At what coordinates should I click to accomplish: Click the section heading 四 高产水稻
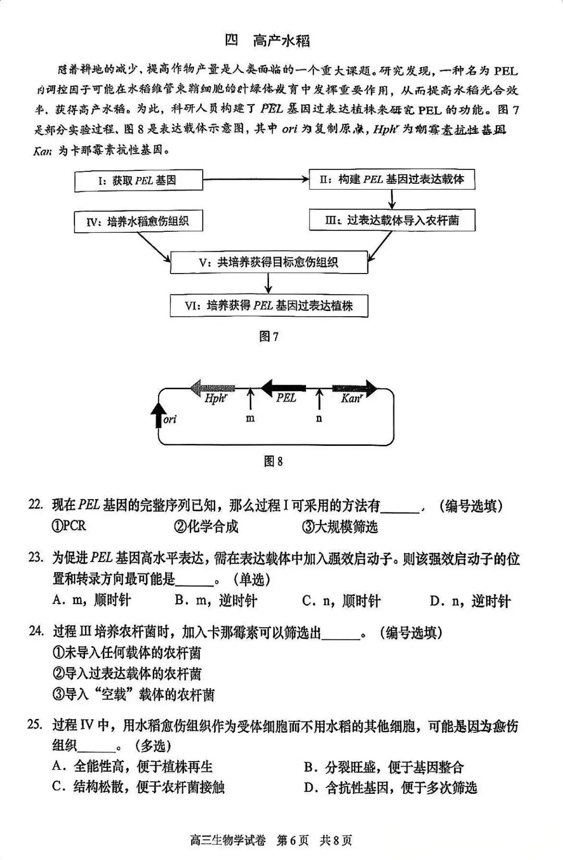267,40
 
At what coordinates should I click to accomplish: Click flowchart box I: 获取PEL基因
138,181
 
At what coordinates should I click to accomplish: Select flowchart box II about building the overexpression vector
392,180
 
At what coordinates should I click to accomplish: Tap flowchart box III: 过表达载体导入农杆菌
392,220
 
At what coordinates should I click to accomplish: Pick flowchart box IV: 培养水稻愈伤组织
138,222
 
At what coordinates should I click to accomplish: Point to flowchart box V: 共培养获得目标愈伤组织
269,262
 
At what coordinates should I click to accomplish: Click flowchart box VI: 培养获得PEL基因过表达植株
269,305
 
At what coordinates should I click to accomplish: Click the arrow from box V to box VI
268,284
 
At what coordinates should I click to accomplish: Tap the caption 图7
268,336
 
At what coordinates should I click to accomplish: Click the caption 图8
273,461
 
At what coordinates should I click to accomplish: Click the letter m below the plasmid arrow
250,418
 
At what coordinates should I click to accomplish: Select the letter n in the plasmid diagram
319,418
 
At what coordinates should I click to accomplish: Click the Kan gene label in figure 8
351,399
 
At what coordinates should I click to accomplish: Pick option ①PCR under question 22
69,526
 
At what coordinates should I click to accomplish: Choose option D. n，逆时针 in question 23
469,601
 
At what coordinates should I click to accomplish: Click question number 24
36,631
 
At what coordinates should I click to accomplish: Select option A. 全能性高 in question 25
132,767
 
